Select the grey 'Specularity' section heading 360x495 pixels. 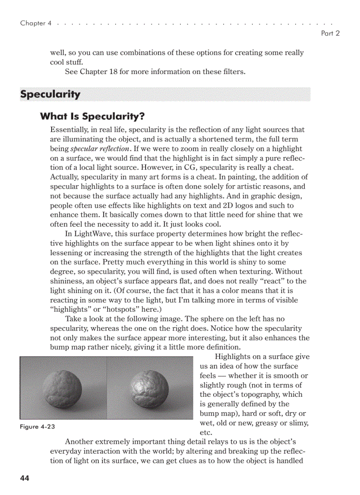(50, 94)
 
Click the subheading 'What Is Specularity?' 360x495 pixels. (92, 116)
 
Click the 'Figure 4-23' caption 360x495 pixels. (37, 427)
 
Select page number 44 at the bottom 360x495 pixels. (25, 478)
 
